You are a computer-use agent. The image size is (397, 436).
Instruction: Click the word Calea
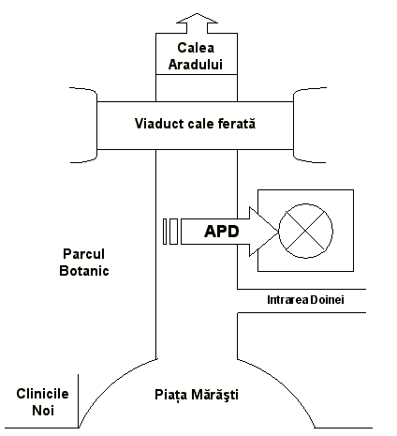(x=196, y=48)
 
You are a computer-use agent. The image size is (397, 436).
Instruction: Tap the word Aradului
(x=196, y=65)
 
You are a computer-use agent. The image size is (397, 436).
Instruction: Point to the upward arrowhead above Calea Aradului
(x=197, y=19)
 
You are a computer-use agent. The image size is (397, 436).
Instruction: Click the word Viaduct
(x=159, y=124)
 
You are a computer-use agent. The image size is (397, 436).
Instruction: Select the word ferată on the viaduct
(x=237, y=124)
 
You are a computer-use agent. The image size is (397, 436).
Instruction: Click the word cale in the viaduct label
(x=200, y=124)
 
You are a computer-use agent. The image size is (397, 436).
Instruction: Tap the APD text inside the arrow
(x=222, y=232)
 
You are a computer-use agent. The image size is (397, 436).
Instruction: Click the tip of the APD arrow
(x=278, y=232)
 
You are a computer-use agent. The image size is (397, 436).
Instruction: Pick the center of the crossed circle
(x=305, y=232)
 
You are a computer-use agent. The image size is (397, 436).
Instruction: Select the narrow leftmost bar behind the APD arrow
(x=165, y=232)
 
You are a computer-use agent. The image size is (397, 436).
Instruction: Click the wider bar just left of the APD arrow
(x=173, y=232)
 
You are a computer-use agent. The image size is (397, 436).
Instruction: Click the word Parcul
(x=83, y=254)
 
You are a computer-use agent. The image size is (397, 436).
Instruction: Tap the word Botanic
(x=84, y=271)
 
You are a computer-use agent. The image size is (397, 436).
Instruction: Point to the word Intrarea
(x=287, y=300)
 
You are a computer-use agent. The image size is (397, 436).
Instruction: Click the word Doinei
(x=327, y=300)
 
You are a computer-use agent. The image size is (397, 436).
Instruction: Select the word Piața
(x=171, y=395)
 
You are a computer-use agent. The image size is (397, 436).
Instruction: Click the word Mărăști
(x=215, y=395)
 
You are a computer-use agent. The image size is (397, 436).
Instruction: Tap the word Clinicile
(x=42, y=394)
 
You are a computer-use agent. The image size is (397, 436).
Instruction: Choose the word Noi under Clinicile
(x=43, y=411)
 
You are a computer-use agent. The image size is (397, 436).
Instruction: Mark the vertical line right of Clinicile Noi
(x=78, y=401)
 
